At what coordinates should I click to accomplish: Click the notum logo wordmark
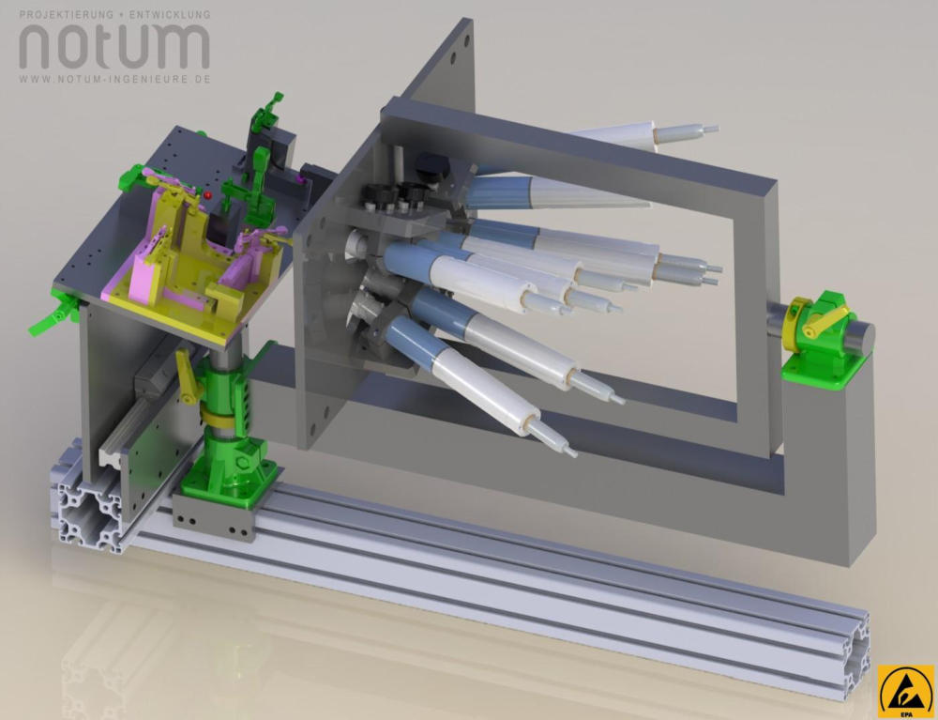click(114, 47)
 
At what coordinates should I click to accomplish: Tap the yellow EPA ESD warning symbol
click(906, 691)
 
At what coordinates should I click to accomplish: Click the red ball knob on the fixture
click(207, 195)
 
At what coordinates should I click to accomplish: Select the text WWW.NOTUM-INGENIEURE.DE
click(114, 79)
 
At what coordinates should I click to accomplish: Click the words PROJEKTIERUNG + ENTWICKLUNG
click(114, 14)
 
